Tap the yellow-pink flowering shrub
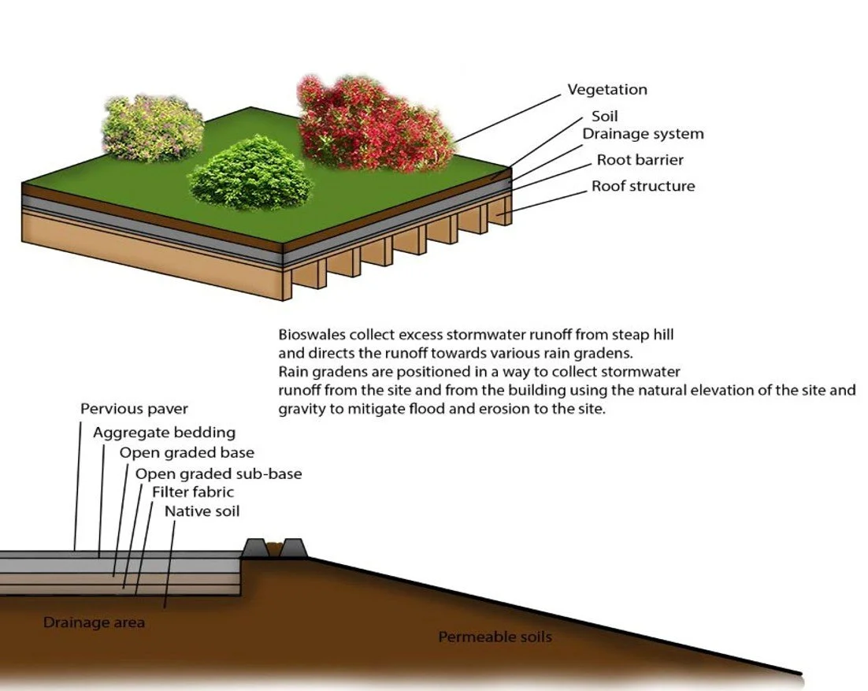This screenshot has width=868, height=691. tap(151, 128)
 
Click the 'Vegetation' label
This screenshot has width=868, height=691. tap(607, 90)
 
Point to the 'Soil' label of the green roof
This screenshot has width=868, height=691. tap(605, 117)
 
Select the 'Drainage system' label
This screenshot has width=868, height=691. tap(643, 134)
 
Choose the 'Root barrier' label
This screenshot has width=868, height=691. tap(640, 160)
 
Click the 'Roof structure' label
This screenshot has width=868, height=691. tap(643, 187)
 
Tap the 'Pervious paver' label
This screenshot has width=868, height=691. tap(134, 409)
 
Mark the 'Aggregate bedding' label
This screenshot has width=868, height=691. tap(164, 433)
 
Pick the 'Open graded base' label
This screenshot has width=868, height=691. tap(187, 453)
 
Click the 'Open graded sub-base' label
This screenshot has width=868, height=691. tap(218, 474)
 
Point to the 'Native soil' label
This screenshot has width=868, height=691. tap(202, 511)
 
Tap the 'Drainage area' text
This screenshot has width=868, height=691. tap(94, 623)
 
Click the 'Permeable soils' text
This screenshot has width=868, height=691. tap(495, 637)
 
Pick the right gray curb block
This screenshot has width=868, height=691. tap(293, 548)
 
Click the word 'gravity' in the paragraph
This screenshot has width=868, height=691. tap(301, 410)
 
